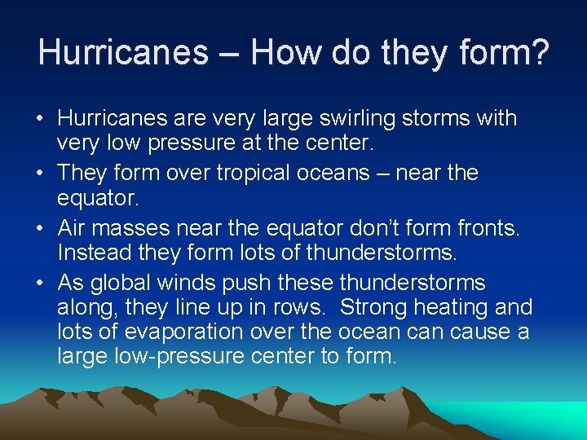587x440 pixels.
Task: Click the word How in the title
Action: point(286,52)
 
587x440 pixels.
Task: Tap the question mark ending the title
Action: point(539,52)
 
